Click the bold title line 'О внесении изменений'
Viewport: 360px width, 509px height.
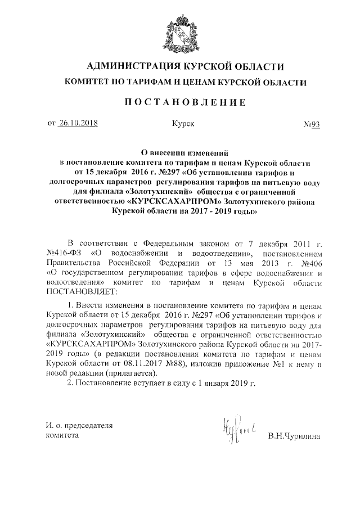(x=184, y=152)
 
